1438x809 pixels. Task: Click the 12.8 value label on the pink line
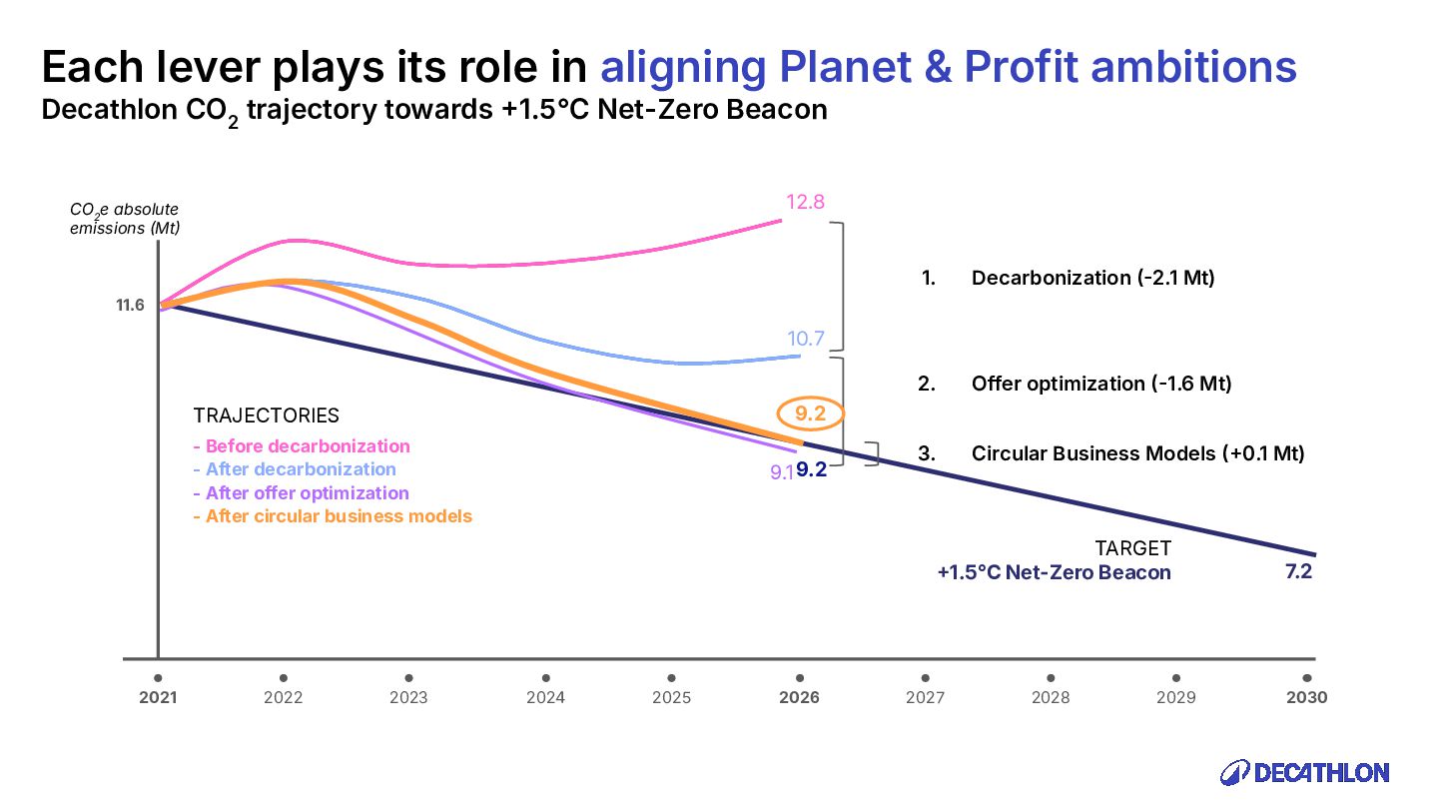[805, 202]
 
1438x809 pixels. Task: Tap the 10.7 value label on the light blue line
[805, 339]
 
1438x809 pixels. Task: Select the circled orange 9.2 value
[810, 412]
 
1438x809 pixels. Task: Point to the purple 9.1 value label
[781, 472]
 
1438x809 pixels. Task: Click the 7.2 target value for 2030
[1298, 572]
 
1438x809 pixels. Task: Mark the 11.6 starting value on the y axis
[131, 305]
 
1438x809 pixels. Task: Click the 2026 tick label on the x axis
[799, 697]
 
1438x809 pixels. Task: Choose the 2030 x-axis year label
[1306, 697]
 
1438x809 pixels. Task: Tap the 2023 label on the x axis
[408, 697]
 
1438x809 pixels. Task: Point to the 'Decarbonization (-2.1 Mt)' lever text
[1092, 278]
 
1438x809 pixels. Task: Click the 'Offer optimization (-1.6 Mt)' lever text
[1100, 384]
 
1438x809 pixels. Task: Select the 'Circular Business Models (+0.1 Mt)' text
[1137, 453]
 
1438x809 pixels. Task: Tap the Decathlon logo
[1305, 772]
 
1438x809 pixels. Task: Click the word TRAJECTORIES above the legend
[266, 415]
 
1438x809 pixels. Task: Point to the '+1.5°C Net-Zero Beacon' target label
[1054, 572]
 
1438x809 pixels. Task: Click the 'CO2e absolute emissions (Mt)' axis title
[124, 218]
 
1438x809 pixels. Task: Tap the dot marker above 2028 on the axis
[1051, 677]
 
